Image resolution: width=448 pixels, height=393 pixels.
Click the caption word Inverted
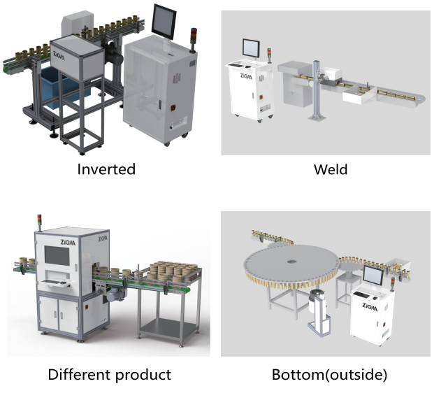[106, 169]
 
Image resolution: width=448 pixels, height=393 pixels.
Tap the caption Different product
[109, 374]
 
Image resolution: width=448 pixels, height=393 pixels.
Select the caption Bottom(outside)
[328, 374]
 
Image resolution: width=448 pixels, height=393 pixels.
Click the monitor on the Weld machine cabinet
[249, 49]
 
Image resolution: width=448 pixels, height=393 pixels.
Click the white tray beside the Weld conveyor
[356, 99]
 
